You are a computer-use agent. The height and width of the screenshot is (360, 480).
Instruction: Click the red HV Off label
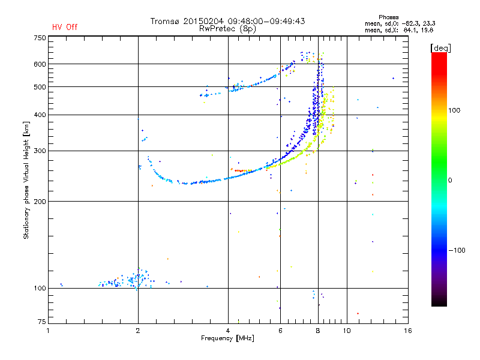pos(65,27)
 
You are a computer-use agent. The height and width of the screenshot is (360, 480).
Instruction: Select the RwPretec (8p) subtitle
pos(227,29)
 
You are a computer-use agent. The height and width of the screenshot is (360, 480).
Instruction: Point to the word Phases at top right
pos(388,17)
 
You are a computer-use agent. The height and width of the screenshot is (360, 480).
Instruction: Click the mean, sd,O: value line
pos(400,23)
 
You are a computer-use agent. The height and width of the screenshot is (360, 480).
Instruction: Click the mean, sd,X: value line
pos(399,30)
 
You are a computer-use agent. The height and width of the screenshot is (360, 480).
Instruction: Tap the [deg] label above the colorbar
pos(440,48)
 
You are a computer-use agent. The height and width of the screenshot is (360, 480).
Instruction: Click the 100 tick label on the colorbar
pos(454,110)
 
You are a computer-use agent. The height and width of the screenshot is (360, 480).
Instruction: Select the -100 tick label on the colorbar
pos(457,250)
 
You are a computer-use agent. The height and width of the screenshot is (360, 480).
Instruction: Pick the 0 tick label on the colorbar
pos(450,181)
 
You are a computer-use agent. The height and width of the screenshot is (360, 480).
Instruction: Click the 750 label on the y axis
pos(40,38)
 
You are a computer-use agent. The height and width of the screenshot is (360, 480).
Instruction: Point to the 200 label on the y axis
pos(40,202)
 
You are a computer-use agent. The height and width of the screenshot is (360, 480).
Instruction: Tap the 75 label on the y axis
pos(42,322)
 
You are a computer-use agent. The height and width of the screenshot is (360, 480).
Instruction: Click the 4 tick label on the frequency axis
pos(228,331)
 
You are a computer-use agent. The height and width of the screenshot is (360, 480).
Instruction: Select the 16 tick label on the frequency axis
pos(408,331)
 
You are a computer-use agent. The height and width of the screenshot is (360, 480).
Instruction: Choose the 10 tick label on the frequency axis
pos(347,331)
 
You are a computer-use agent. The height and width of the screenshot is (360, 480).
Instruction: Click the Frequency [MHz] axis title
pos(227,338)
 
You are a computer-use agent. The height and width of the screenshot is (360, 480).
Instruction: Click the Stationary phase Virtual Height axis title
pos(26,181)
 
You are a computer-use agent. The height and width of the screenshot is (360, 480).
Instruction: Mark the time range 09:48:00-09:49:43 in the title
pos(266,21)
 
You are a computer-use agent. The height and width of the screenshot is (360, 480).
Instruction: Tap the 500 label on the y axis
pos(40,87)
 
